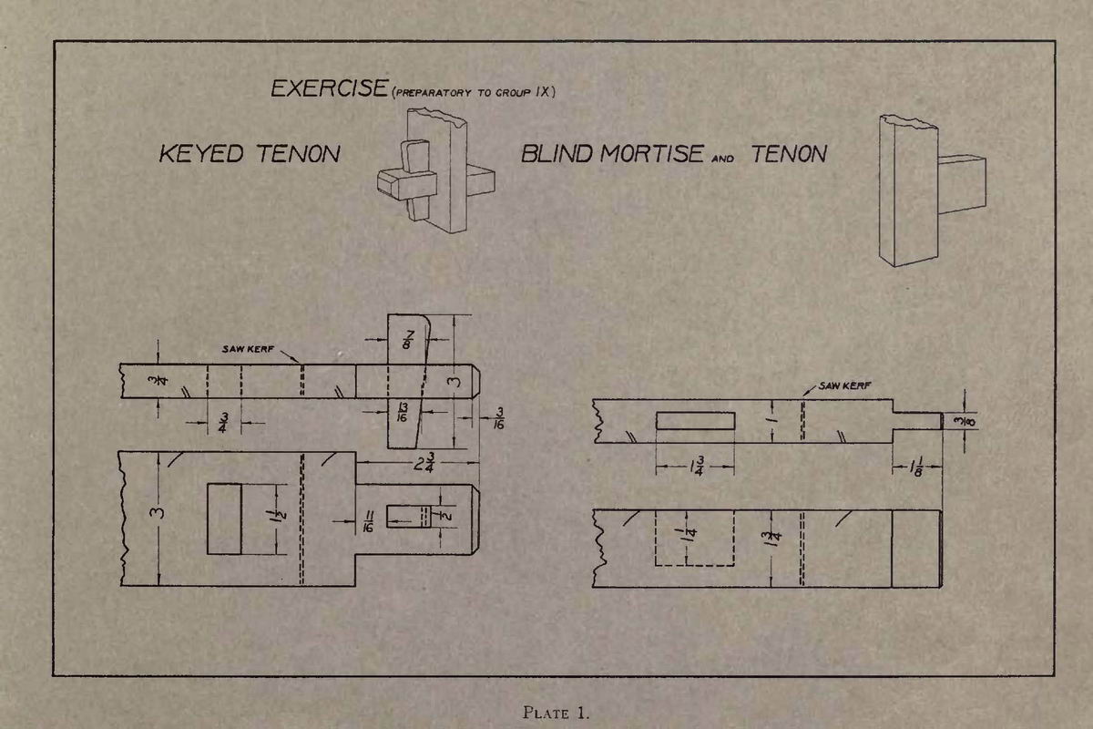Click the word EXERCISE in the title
click(x=330, y=88)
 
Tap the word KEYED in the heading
click(x=201, y=153)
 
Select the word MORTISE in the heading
click(x=651, y=153)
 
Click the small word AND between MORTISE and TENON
click(x=722, y=159)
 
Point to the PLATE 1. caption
click(x=556, y=713)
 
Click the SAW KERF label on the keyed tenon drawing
click(x=248, y=349)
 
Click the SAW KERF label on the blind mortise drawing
click(x=844, y=385)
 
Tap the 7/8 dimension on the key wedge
click(x=408, y=339)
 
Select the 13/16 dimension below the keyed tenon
click(x=403, y=412)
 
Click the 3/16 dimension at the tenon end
click(x=499, y=418)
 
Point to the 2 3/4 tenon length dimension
click(x=424, y=462)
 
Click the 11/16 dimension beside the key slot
click(x=369, y=521)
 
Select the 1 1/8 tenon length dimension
click(x=915, y=467)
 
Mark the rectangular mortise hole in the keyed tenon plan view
click(x=224, y=519)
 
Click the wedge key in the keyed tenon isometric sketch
click(x=415, y=180)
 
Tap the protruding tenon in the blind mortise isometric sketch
click(x=962, y=184)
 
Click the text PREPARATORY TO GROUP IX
click(x=474, y=92)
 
